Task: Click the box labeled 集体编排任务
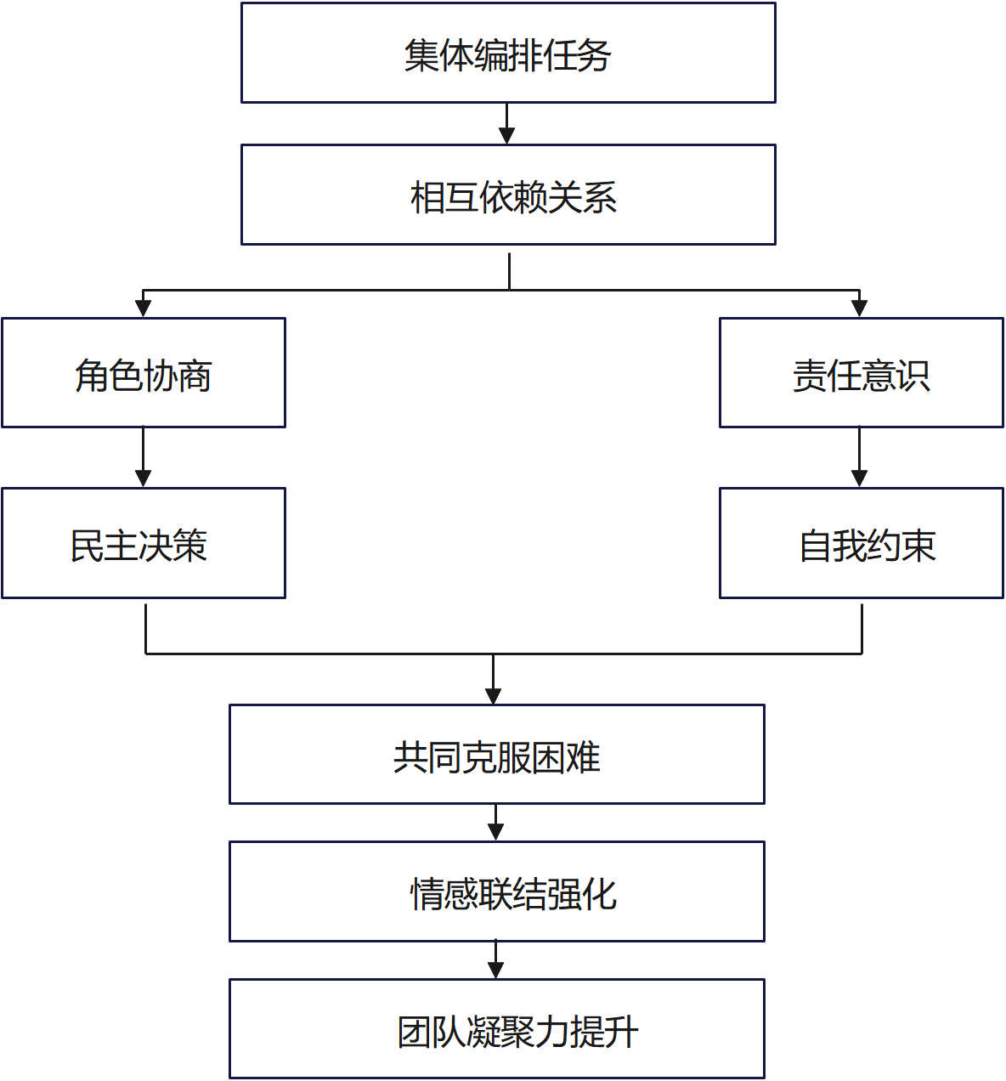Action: coord(508,53)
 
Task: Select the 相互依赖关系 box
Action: coord(508,195)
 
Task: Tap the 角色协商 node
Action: coord(143,373)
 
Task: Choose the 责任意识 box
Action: coord(861,373)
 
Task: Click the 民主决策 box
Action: coord(143,543)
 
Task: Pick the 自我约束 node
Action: coord(861,543)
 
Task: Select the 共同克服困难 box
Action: coord(496,755)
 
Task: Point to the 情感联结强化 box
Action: coord(496,891)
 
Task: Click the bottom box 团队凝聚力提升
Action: coord(496,1029)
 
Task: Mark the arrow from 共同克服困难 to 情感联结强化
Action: coord(496,821)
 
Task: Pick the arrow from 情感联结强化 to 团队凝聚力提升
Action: coord(496,959)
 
